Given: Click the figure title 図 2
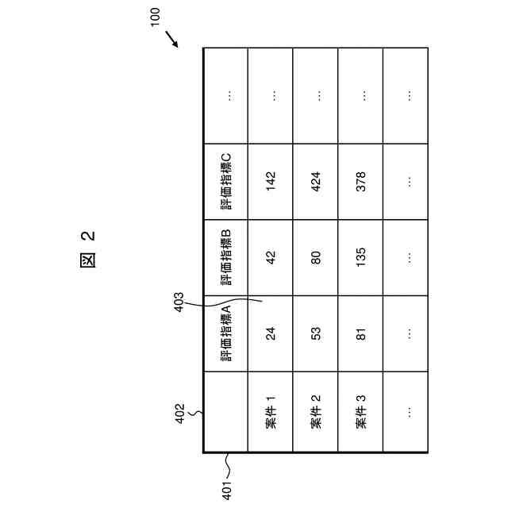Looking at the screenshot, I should (88, 248).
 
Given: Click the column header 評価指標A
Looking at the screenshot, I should (225, 333).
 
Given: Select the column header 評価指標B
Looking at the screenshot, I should (225, 257).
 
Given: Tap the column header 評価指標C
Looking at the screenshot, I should (225, 181).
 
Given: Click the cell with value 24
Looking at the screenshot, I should (271, 334).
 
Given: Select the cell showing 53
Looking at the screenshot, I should (316, 334).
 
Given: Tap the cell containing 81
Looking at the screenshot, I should (361, 334).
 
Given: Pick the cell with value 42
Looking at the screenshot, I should (271, 257).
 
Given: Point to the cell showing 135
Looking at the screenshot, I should (361, 257).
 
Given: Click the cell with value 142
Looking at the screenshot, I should (271, 181).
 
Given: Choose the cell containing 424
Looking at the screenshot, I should (316, 181).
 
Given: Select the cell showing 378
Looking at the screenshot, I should (361, 181).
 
